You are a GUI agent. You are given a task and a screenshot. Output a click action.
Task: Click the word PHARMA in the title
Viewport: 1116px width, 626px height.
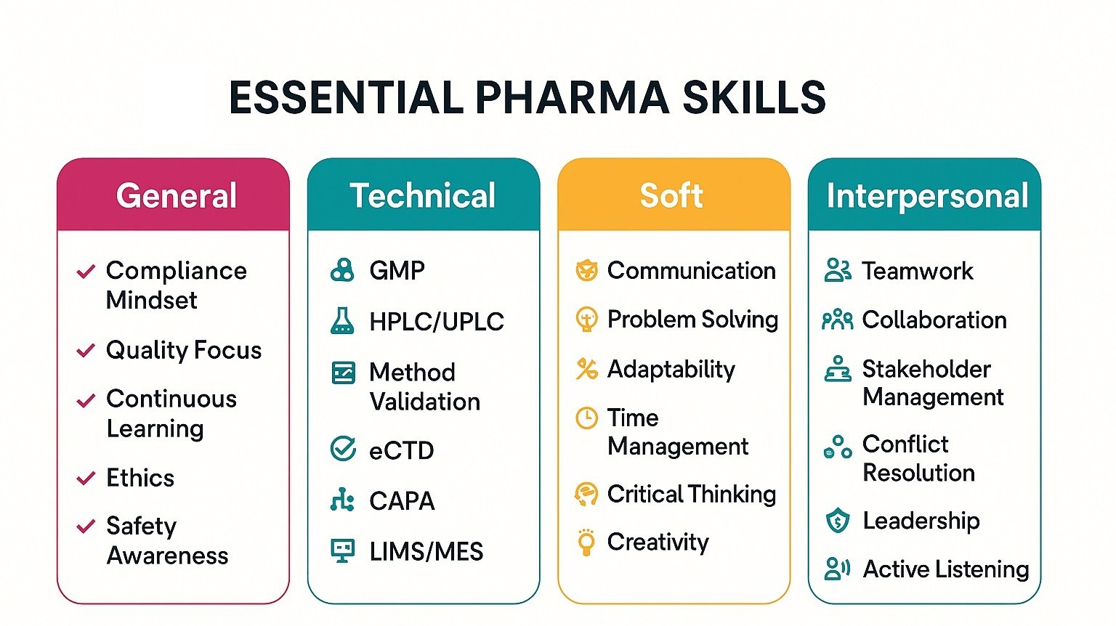tap(572, 98)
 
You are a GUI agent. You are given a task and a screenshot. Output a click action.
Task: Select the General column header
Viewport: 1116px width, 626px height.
tap(177, 195)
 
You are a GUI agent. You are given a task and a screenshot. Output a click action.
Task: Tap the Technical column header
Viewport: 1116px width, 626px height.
tap(423, 195)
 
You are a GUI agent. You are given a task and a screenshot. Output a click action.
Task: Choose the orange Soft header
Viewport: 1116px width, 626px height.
tap(671, 195)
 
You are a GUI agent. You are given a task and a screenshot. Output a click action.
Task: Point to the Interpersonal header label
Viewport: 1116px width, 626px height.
tap(927, 196)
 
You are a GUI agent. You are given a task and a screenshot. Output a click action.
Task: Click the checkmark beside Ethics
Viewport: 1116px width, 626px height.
tap(86, 478)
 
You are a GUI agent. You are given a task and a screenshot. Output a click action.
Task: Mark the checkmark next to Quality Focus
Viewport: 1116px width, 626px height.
tap(86, 350)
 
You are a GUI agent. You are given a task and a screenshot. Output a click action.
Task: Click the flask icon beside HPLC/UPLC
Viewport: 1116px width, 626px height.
tap(342, 321)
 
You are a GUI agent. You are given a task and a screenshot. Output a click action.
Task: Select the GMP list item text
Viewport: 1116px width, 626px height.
tap(397, 270)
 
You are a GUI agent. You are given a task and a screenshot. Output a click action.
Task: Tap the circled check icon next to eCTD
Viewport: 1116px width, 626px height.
tap(343, 449)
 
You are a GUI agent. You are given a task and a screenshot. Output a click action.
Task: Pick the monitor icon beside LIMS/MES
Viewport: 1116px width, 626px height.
tap(342, 550)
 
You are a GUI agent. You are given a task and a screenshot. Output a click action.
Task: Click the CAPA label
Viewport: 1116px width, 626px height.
tap(402, 500)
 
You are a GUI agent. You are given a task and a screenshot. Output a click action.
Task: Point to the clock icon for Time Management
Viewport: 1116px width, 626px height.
tap(586, 418)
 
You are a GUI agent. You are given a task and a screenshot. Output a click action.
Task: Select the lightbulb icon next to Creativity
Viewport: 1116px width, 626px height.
tap(586, 542)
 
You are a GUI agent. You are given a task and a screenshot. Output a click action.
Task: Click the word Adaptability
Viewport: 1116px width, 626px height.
tap(671, 369)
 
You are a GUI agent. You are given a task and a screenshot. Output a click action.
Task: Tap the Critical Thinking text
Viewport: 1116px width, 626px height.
tap(691, 494)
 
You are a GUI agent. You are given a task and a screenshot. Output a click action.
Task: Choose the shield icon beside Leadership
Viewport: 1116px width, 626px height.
tap(838, 521)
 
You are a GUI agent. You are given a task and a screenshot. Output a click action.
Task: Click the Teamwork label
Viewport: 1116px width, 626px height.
tap(917, 271)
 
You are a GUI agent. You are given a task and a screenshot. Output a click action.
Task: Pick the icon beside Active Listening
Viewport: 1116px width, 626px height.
tap(837, 569)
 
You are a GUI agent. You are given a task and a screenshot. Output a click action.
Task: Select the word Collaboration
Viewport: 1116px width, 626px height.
tap(934, 320)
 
